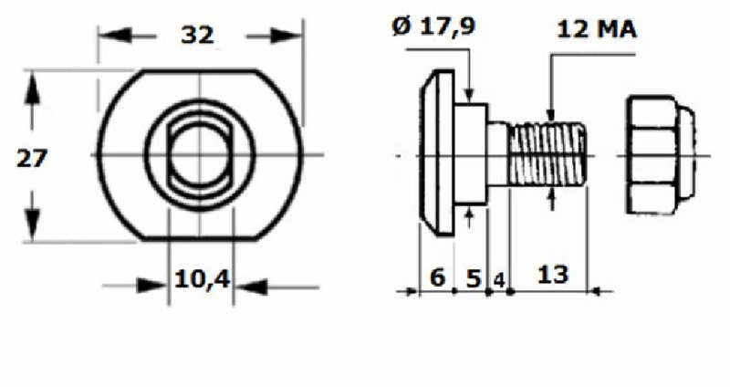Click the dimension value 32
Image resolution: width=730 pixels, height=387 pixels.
pyautogui.click(x=197, y=36)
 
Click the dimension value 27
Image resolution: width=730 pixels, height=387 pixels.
pyautogui.click(x=33, y=157)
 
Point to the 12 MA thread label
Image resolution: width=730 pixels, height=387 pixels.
pyautogui.click(x=597, y=29)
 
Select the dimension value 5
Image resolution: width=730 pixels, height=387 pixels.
pyautogui.click(x=473, y=277)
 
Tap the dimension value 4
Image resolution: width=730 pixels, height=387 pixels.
pyautogui.click(x=499, y=277)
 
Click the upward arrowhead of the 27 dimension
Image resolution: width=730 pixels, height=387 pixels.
pyautogui.click(x=33, y=88)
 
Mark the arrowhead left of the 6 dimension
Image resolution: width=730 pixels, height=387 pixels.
pyautogui.click(x=408, y=292)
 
